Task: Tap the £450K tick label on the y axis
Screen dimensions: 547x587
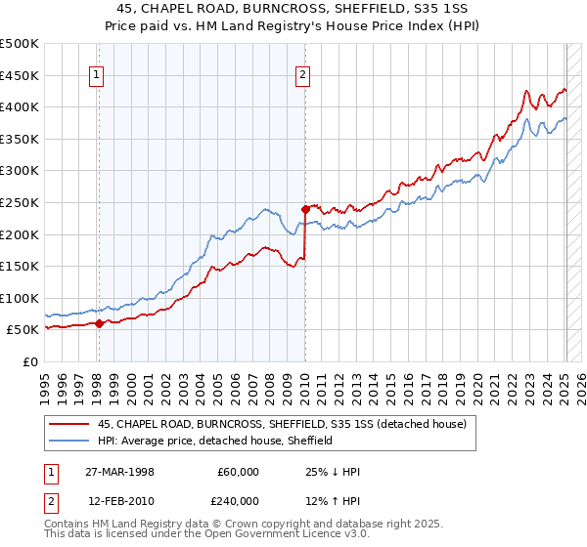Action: [20, 75]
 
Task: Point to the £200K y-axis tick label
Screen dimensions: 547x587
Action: [20, 234]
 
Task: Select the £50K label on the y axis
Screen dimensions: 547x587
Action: [23, 330]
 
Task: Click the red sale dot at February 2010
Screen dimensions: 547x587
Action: [305, 208]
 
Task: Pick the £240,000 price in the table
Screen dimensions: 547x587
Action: [239, 501]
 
